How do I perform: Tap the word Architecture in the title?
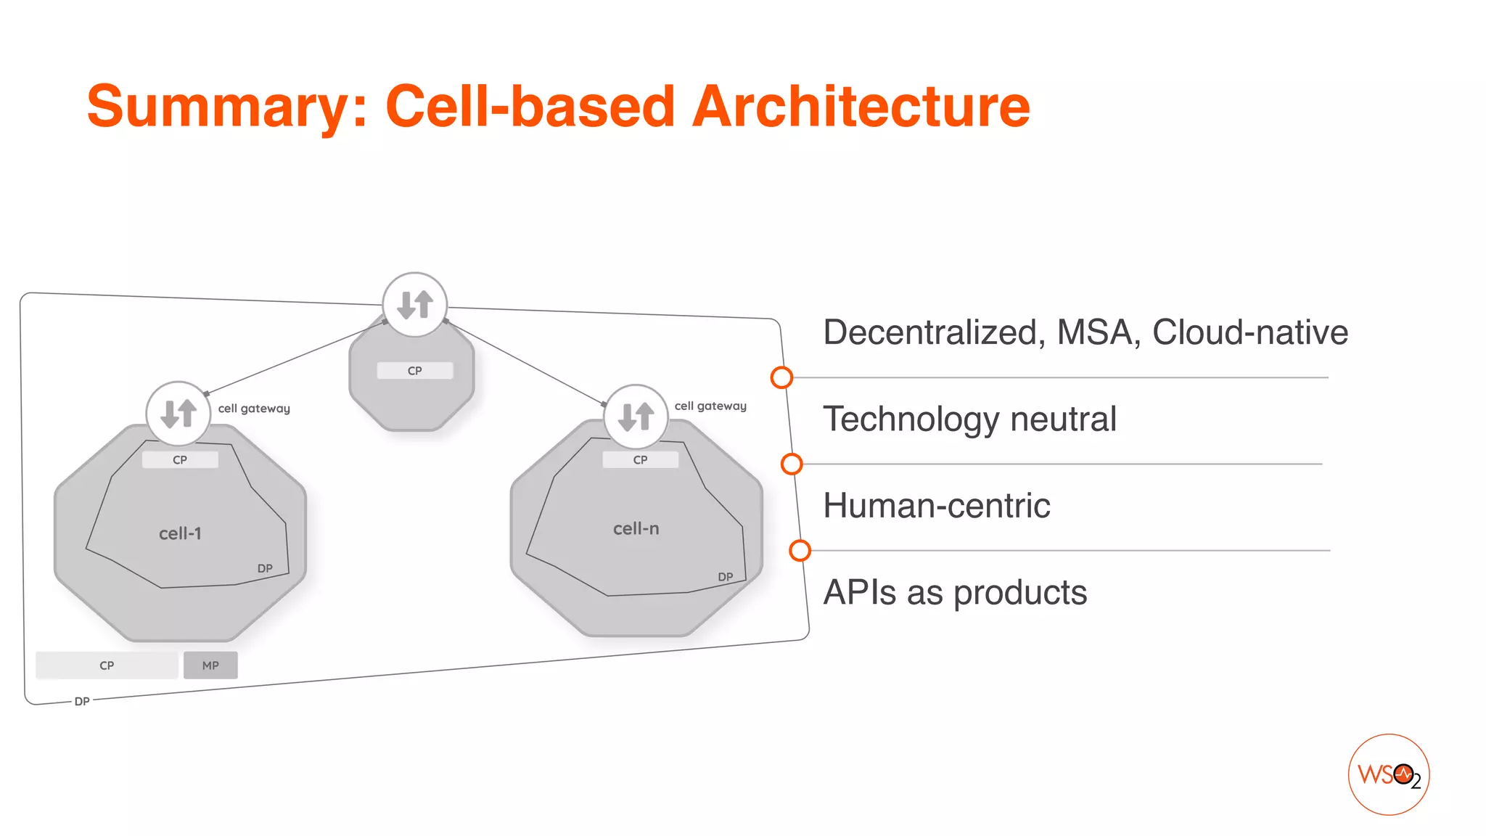pyautogui.click(x=861, y=107)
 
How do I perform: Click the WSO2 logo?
pyautogui.click(x=1388, y=774)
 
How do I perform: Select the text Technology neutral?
pyautogui.click(x=969, y=419)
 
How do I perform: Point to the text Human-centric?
pyautogui.click(x=936, y=505)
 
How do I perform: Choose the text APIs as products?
pyautogui.click(x=955, y=592)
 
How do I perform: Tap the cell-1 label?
pyautogui.click(x=180, y=533)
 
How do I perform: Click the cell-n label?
pyautogui.click(x=636, y=528)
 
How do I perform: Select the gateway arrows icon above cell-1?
pyautogui.click(x=178, y=413)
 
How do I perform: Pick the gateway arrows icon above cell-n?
pyautogui.click(x=636, y=417)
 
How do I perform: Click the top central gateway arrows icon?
pyautogui.click(x=415, y=305)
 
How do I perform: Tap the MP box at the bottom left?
pyautogui.click(x=210, y=665)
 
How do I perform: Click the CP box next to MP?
pyautogui.click(x=107, y=665)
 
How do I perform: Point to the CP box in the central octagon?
pyautogui.click(x=415, y=371)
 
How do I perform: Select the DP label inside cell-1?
pyautogui.click(x=265, y=568)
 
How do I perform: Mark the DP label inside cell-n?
pyautogui.click(x=725, y=577)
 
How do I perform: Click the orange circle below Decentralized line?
pyautogui.click(x=781, y=377)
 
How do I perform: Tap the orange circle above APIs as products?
pyautogui.click(x=800, y=551)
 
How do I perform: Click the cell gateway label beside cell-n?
pyautogui.click(x=710, y=406)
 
